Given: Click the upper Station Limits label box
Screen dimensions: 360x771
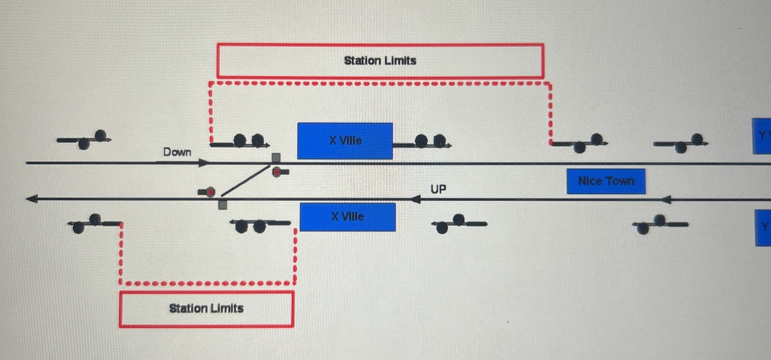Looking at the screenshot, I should click(x=380, y=61).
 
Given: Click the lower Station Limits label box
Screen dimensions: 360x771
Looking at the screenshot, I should click(x=206, y=309).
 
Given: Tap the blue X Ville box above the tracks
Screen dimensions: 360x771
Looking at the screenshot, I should click(x=345, y=140).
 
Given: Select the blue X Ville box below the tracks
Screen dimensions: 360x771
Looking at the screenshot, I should click(x=347, y=217).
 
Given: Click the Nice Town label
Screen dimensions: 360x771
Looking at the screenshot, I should click(x=606, y=181).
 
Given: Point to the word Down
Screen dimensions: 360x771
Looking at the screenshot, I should click(x=177, y=152).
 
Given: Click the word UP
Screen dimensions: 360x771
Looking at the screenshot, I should click(x=439, y=189).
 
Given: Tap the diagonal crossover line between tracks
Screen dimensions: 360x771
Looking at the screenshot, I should click(x=246, y=181).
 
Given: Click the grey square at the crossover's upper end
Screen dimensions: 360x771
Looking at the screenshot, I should click(x=276, y=158).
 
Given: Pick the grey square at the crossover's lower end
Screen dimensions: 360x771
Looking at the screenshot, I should click(x=223, y=205).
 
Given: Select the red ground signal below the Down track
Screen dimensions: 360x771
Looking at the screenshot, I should click(x=279, y=172).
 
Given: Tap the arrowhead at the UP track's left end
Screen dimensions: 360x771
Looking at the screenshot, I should click(x=32, y=199).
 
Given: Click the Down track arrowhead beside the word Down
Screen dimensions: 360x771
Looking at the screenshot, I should click(x=203, y=163).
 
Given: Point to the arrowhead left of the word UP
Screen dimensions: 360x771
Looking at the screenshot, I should click(x=415, y=199).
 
